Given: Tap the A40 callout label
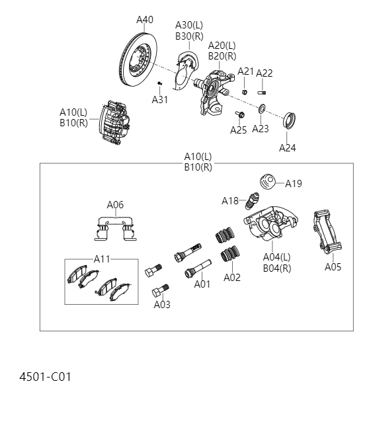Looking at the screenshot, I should click(145, 20).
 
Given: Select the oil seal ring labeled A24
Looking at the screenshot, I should click(290, 122).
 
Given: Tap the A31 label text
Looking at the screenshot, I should click(160, 99).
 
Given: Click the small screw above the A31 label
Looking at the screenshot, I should click(160, 83).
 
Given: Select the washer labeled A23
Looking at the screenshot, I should click(262, 109).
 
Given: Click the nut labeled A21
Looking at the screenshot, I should click(244, 91).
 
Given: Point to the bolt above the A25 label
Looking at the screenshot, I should click(239, 114).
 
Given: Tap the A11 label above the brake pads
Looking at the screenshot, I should click(102, 259).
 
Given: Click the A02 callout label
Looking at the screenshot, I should click(232, 278).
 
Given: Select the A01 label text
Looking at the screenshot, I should click(202, 284).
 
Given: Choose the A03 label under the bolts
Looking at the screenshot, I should click(162, 305).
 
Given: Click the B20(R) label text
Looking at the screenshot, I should click(222, 56).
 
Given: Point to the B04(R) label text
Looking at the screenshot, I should click(276, 268).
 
